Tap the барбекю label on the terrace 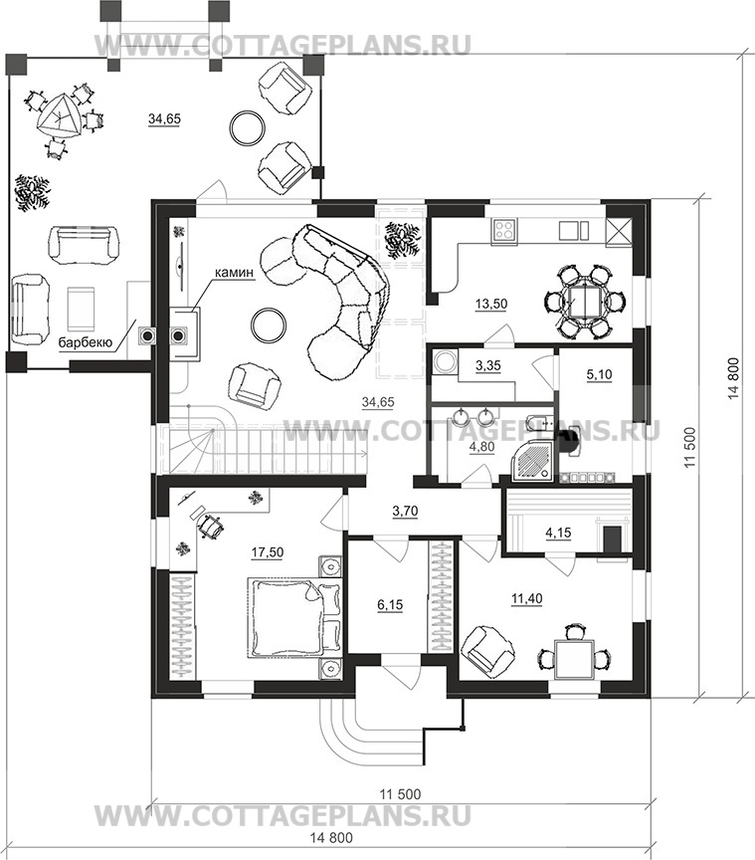pos(85,341)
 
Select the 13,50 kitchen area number pos(490,304)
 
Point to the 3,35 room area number pos(489,366)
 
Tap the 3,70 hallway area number pos(405,512)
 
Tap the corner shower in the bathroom pos(535,456)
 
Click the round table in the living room pos(267,324)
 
